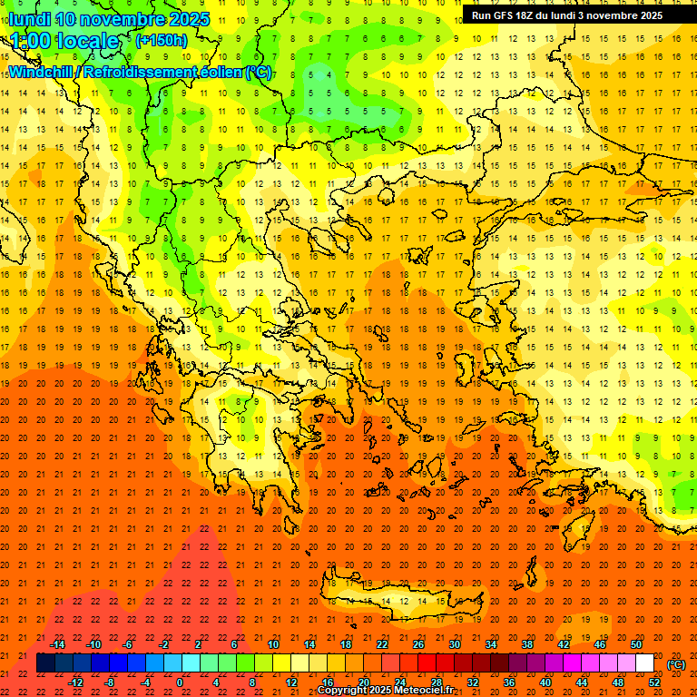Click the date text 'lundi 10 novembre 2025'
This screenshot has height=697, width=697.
[109, 19]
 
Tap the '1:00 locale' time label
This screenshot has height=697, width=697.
[65, 41]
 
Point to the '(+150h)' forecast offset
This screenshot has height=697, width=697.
[161, 40]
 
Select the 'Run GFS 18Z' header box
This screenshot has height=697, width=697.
[579, 15]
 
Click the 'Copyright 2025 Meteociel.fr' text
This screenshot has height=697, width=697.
[385, 691]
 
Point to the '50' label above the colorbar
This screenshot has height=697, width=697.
[636, 643]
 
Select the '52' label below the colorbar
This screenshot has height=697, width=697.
[654, 682]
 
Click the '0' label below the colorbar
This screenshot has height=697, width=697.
[180, 682]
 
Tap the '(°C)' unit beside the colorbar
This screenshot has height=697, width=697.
[676, 663]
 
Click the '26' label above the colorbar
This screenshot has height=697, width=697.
[418, 643]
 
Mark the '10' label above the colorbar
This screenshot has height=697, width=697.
[273, 643]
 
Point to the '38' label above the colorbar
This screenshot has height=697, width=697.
[527, 643]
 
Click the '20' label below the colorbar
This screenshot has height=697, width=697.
[364, 682]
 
